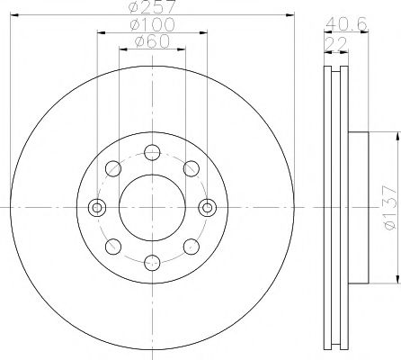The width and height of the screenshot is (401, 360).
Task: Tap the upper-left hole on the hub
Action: tap(114, 167)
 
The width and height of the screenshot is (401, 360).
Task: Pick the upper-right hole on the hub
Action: tap(191, 167)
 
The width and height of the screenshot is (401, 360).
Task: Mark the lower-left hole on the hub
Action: tap(114, 246)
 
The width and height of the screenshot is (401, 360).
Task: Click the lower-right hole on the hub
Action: tap(191, 246)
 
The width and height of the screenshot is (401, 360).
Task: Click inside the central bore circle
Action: tap(152, 207)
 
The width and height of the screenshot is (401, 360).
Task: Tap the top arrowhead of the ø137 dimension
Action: tap(397, 135)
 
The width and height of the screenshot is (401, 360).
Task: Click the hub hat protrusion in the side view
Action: tap(357, 207)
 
